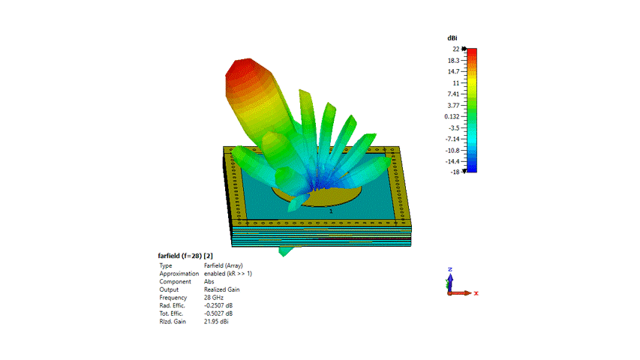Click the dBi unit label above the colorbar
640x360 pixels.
452,38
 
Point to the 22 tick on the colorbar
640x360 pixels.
456,49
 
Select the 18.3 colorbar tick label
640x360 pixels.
453,61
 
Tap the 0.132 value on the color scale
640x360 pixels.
452,116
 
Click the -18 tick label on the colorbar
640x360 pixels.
455,172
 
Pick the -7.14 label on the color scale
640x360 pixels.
452,139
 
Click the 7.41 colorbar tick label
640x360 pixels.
453,94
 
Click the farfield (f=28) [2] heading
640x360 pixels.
185,256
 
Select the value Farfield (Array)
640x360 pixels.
224,265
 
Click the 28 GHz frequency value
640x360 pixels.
214,298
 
